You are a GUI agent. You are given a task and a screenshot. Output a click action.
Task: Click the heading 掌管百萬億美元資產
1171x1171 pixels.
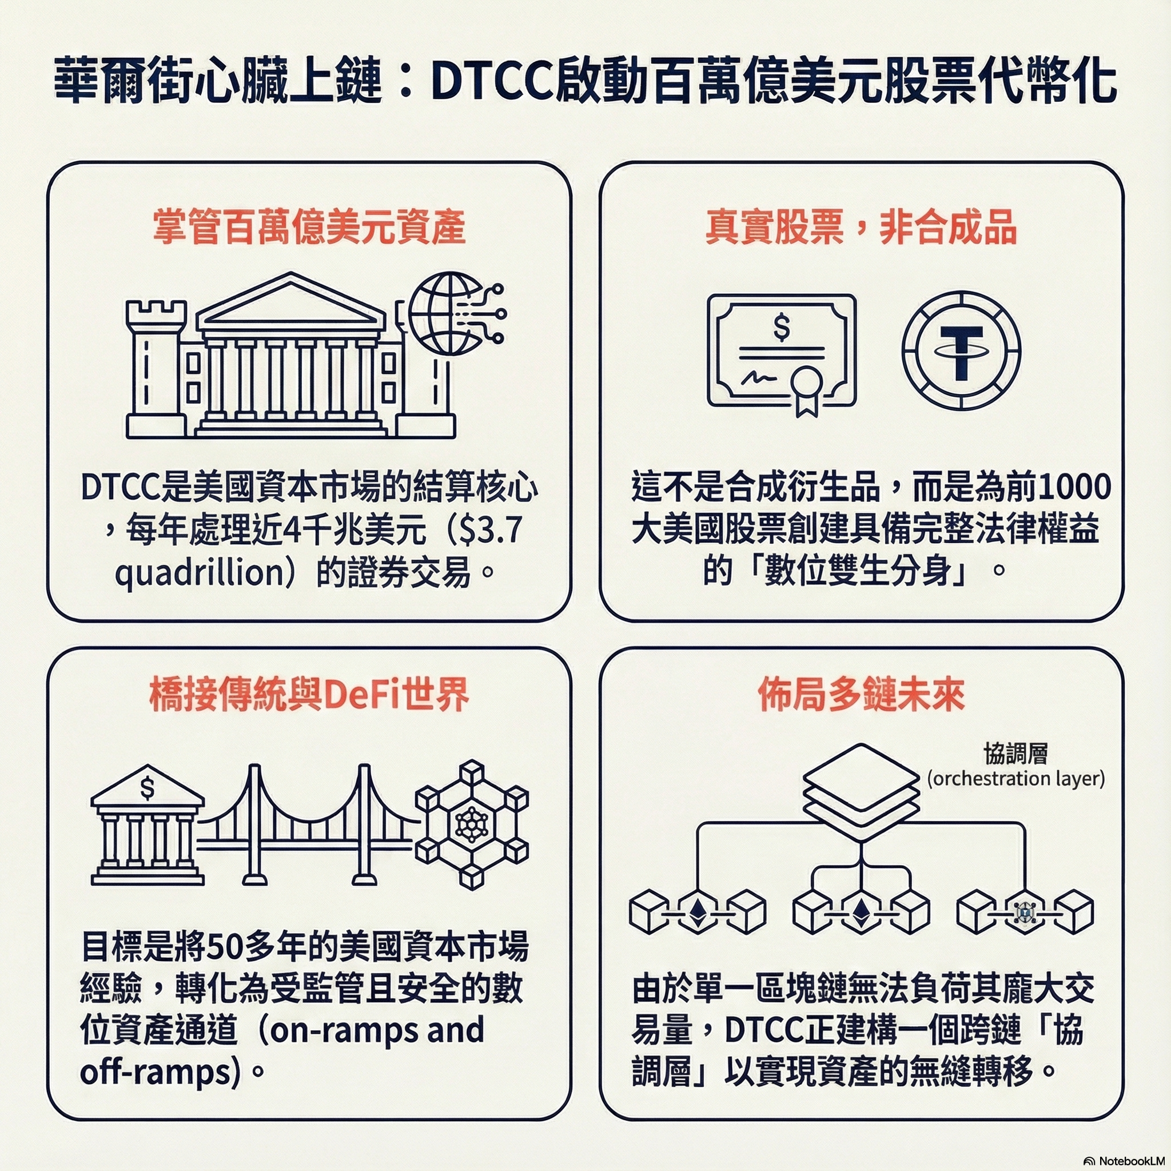[309, 228]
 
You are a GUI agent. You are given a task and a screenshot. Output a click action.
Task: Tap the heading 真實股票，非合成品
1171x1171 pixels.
[861, 228]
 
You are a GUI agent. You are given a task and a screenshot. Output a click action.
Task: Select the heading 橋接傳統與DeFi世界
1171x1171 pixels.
[309, 695]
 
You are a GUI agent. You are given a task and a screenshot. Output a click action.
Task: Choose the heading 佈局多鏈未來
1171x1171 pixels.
[861, 695]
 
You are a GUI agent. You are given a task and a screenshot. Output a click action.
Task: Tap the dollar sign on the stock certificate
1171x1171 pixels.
[782, 327]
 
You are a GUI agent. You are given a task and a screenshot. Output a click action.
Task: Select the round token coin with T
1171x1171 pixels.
[961, 350]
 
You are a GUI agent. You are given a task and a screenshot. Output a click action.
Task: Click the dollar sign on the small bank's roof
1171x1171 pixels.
[148, 788]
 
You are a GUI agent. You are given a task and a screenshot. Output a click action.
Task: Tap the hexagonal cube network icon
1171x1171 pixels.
[472, 825]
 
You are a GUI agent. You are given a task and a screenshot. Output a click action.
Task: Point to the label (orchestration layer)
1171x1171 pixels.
[1016, 778]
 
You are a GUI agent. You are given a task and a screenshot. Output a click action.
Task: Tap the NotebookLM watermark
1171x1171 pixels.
[1122, 1161]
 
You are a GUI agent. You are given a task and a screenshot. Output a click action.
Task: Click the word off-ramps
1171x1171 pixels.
[156, 1072]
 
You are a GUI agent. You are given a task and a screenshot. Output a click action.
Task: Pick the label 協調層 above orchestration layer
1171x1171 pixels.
[1016, 754]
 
